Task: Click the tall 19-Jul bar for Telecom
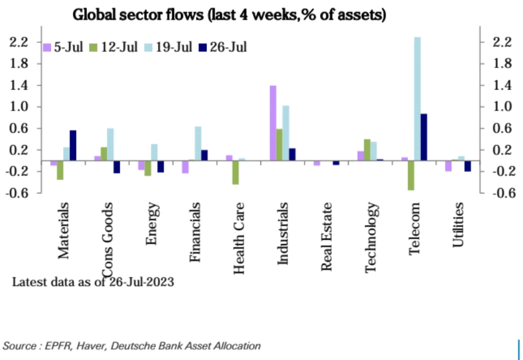(x=418, y=98)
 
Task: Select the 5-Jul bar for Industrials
(x=273, y=123)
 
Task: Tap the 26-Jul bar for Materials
(x=73, y=145)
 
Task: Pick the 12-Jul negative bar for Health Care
(x=235, y=172)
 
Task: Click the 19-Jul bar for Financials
(x=198, y=144)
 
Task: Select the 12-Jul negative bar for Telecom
(x=411, y=175)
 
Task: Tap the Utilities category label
(x=458, y=225)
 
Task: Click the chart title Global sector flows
(x=229, y=15)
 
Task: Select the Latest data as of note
(x=92, y=282)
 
